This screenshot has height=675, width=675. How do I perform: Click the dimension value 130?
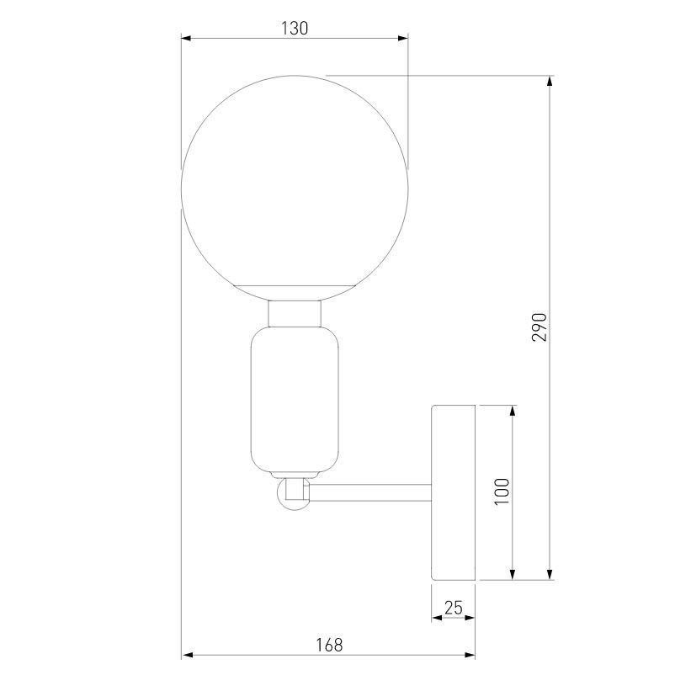point(295,28)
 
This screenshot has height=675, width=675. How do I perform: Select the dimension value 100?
point(502,492)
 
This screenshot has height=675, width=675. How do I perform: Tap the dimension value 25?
point(454,608)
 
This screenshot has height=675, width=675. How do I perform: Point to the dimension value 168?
point(329,645)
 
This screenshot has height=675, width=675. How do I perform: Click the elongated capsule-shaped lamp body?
point(295,399)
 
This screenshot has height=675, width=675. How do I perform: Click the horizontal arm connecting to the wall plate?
point(370,492)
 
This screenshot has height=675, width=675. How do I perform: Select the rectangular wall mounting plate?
point(454,492)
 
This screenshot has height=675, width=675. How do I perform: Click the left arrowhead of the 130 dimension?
point(188,38)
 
